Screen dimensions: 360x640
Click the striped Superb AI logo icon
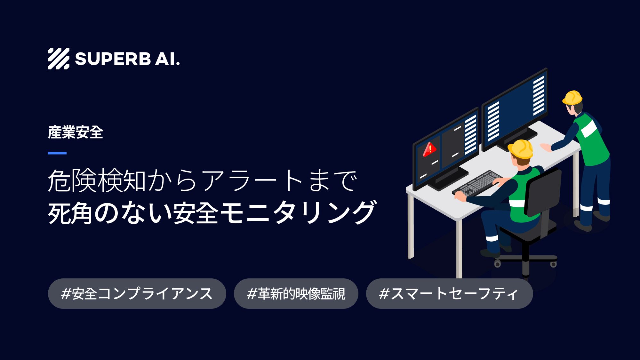(x=59, y=59)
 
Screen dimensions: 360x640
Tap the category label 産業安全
(x=76, y=132)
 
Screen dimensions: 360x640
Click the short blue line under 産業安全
(x=57, y=153)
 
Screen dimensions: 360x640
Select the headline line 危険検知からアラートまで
(x=202, y=181)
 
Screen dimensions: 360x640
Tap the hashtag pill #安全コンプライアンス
(x=137, y=293)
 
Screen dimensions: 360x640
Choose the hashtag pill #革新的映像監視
(x=296, y=293)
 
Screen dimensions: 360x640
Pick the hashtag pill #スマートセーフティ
(x=449, y=293)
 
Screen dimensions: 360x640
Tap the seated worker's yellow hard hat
(x=521, y=149)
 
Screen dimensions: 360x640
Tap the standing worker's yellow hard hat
(x=572, y=98)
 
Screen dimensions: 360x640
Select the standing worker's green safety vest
(x=592, y=141)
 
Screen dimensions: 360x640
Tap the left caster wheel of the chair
(x=497, y=264)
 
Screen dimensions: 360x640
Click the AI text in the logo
(x=167, y=59)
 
